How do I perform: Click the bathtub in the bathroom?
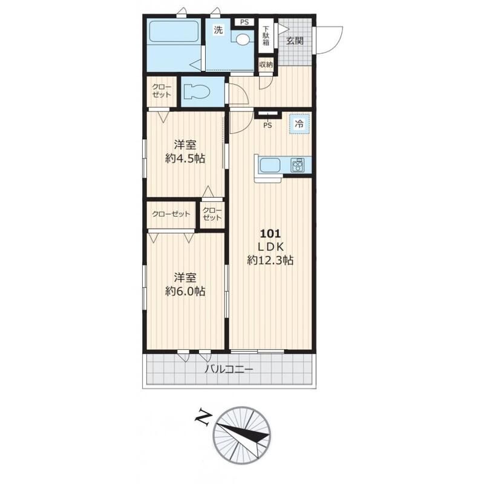pos(174,31)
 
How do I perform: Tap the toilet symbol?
pos(197,92)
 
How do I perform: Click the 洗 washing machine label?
pos(218,30)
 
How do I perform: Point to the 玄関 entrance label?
pos(295,41)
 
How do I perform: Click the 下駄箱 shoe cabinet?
pos(266,36)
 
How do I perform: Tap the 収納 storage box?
pos(266,65)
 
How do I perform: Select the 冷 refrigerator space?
pos(299,124)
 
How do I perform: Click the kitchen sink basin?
pos(270,165)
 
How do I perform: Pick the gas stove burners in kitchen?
pos(297,165)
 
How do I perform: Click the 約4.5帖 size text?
pos(185,159)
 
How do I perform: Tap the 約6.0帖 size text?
pos(185,291)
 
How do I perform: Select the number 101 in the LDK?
pos(270,234)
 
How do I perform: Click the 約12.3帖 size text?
pos(270,261)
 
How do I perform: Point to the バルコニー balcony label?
pos(229,369)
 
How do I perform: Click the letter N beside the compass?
pos(203,417)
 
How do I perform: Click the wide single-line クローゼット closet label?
pos(171,214)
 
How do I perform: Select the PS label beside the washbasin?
pos(244,22)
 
